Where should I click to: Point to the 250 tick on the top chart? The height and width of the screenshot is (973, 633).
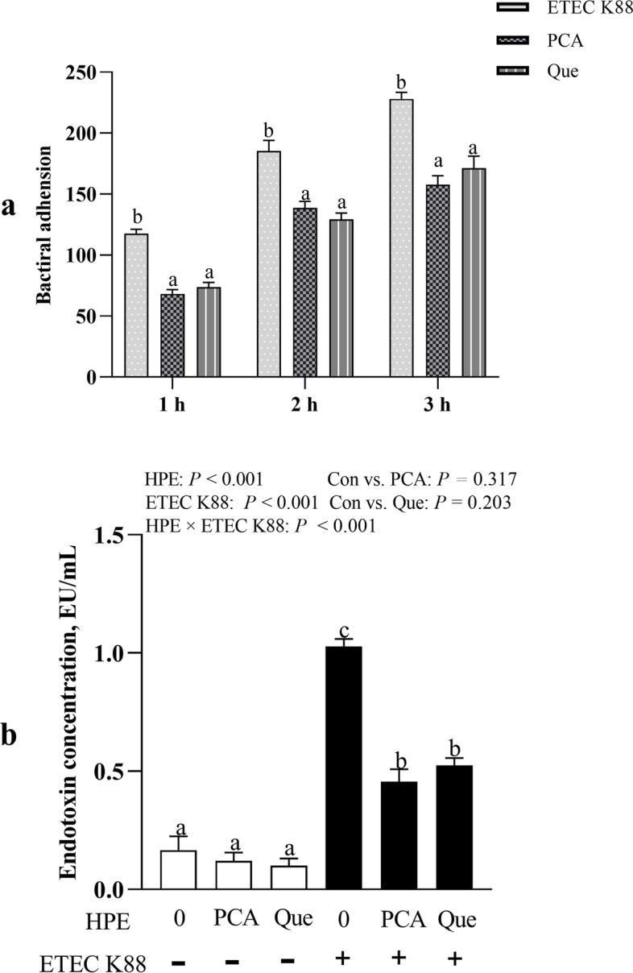click(x=98, y=73)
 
